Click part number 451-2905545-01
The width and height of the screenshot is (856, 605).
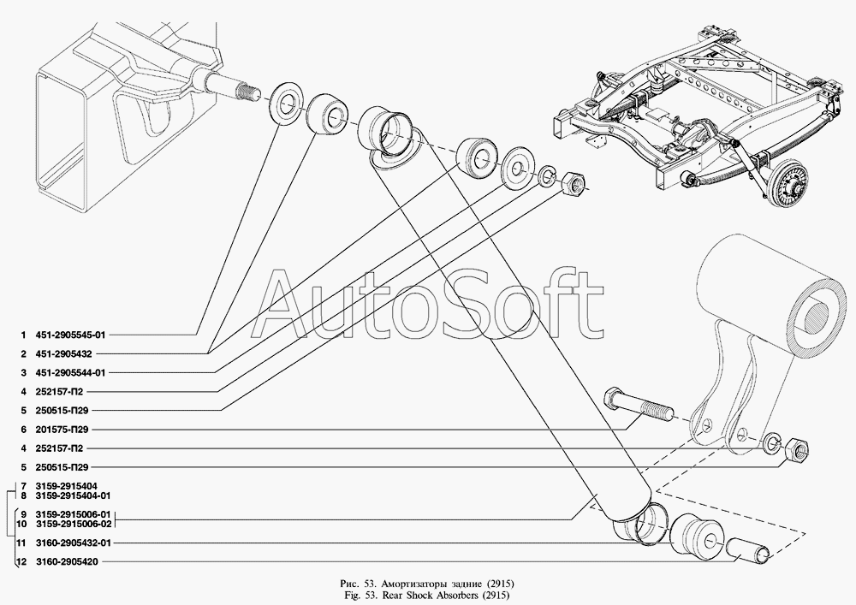point(70,335)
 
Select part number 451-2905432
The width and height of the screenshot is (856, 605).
point(63,354)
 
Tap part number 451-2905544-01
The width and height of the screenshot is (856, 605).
point(70,373)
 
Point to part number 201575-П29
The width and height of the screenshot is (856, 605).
point(62,430)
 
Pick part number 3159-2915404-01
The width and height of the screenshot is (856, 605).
point(73,495)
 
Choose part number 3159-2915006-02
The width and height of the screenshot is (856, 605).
point(74,524)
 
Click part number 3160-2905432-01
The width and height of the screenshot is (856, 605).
point(74,543)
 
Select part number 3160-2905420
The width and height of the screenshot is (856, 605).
point(67,562)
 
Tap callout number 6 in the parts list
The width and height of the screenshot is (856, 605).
point(23,430)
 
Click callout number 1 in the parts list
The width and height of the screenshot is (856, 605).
point(23,335)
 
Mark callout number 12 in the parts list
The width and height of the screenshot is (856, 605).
point(21,562)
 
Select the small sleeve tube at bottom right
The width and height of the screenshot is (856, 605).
point(746,549)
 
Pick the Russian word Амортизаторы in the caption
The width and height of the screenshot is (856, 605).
point(408,582)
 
